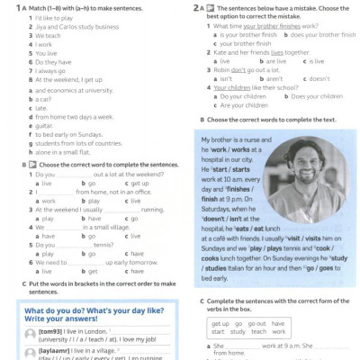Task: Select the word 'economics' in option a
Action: [54, 90]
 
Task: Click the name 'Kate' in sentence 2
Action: [220, 52]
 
